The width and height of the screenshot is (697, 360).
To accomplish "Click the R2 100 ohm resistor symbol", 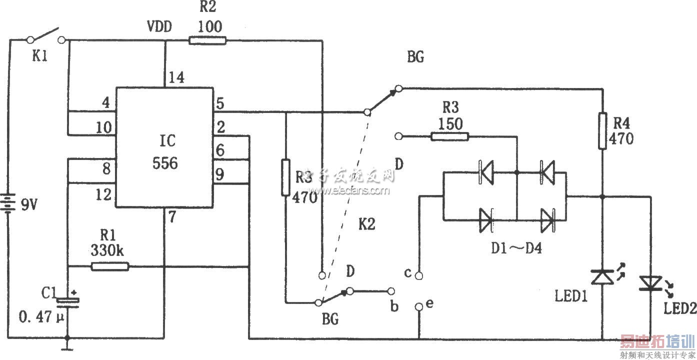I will [207, 40].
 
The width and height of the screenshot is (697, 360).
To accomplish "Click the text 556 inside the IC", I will [165, 162].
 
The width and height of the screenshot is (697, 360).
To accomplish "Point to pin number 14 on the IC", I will [175, 78].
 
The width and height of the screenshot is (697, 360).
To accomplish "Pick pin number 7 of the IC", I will [172, 217].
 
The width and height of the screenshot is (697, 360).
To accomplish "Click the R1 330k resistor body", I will [110, 266].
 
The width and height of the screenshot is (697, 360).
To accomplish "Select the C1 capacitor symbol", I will [68, 301].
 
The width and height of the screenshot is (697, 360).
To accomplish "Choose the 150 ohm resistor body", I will [450, 136].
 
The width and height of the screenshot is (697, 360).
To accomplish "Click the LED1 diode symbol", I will [602, 276].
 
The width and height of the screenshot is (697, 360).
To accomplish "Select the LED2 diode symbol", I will [651, 283].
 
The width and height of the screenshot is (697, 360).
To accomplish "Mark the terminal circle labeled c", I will [420, 274].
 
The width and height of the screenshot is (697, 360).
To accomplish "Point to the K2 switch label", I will [366, 225].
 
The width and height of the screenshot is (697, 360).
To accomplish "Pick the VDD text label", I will [159, 26].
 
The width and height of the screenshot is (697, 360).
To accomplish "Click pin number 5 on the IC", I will [220, 104].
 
